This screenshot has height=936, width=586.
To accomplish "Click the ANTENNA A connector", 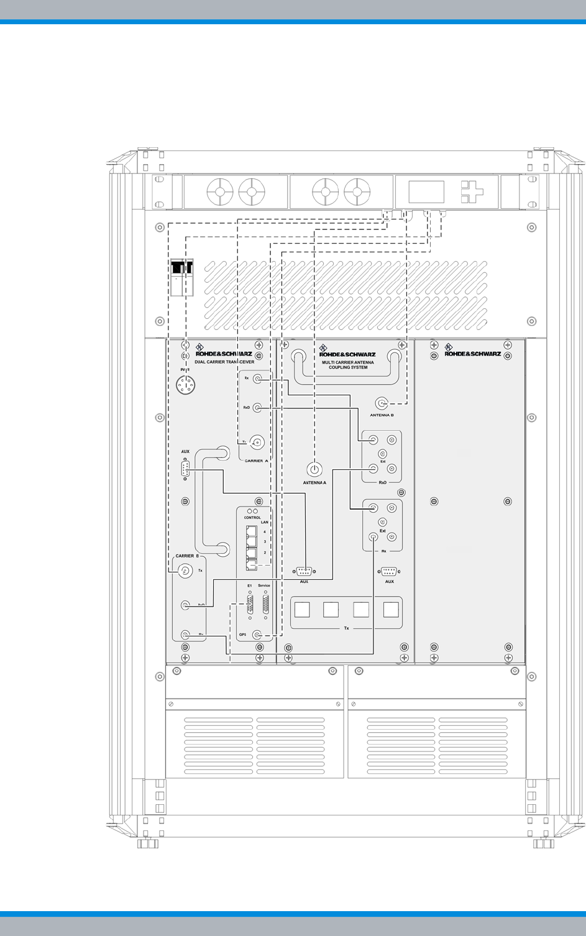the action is tap(314, 470).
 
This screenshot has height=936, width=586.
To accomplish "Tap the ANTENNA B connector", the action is tap(382, 403).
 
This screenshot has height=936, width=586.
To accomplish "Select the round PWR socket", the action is tap(185, 387).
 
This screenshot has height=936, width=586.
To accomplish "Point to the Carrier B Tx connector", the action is tap(185, 571).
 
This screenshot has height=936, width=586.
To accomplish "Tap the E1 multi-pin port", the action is tap(250, 603).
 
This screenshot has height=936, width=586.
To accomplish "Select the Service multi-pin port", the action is tap(266, 603).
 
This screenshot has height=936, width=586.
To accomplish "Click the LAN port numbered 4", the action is tap(251, 532).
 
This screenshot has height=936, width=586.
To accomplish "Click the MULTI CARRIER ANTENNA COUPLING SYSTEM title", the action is tap(348, 364).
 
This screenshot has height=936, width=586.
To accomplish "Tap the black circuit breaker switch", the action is tap(181, 268).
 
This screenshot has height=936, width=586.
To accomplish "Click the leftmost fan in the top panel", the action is tap(219, 191).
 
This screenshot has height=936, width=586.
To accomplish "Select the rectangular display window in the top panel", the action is tap(426, 191).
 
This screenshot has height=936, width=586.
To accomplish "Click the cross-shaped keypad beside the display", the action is tap(472, 192).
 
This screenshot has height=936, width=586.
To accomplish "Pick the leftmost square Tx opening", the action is tap(301, 609).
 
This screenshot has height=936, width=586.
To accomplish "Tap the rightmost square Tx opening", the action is tap(391, 609).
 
